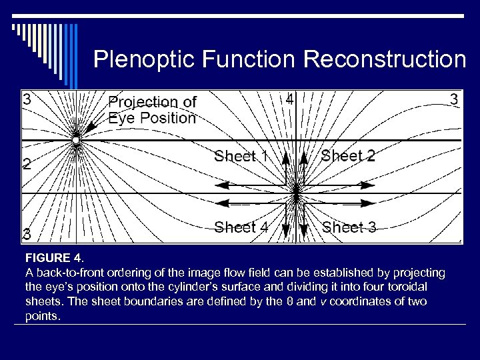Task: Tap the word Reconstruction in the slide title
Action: point(385,60)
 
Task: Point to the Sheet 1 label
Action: point(241,157)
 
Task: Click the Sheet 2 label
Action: point(348,156)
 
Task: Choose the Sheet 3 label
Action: point(349,227)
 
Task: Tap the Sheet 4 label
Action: point(241,227)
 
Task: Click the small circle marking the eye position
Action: point(76,141)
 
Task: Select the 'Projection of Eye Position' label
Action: point(152,110)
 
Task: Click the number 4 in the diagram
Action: point(289,100)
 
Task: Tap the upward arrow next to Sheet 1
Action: point(285,157)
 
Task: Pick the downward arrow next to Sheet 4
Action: point(286,229)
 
